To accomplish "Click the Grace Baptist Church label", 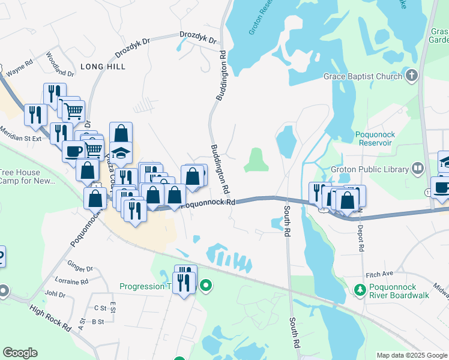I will (x=363, y=76).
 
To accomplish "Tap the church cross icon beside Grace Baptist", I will (x=411, y=76).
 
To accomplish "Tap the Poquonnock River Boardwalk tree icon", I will (x=360, y=290).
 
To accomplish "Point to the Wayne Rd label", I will (x=19, y=65).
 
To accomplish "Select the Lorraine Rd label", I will (x=71, y=281).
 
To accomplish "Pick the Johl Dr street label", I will (x=55, y=295).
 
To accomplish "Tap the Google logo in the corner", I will (x=20, y=353).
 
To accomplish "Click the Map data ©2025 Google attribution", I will (x=412, y=355).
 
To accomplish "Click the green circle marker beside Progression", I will (x=206, y=286).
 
